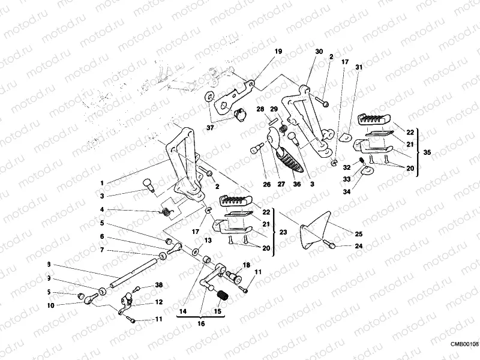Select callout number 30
pyautogui.click(x=319, y=52)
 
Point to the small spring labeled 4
pyautogui.click(x=167, y=211)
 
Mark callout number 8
pyautogui.click(x=48, y=264)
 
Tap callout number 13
pyautogui.click(x=208, y=240)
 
